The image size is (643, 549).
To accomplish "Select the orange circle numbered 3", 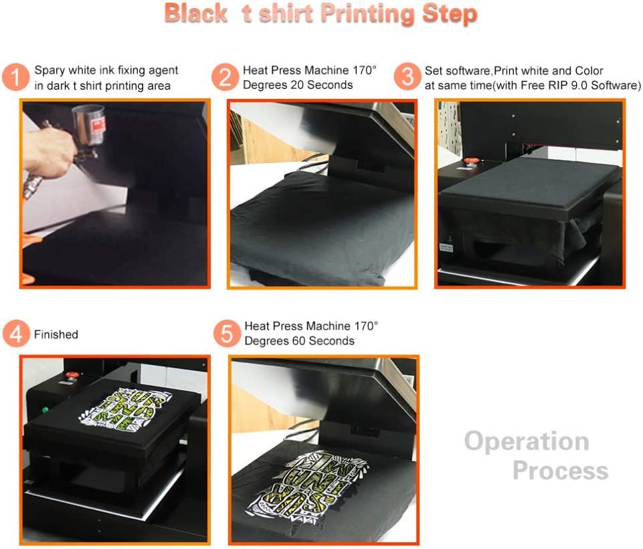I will [407, 78].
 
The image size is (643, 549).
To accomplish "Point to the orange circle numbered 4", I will [15, 334].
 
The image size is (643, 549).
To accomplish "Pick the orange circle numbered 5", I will [227, 333].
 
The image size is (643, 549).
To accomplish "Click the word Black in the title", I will [197, 13].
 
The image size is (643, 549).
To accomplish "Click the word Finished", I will [56, 334].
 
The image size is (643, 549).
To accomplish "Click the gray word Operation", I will [527, 441].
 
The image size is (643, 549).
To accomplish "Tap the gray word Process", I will [560, 471].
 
